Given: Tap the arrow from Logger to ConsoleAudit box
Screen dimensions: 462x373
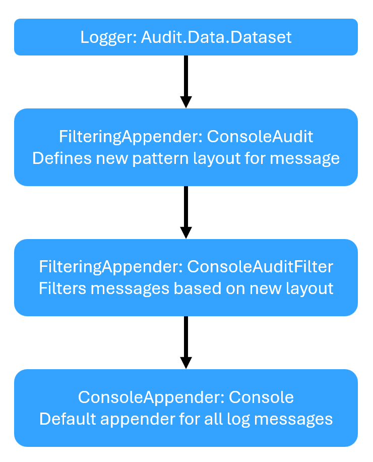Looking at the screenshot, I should tap(186, 81).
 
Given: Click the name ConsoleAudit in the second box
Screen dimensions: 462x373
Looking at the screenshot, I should tap(261, 137).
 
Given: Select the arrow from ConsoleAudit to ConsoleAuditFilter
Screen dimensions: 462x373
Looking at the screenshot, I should tap(186, 211).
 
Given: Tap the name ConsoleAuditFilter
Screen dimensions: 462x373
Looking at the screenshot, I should tap(260, 267).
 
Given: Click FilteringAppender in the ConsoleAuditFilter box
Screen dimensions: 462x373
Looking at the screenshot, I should tap(110, 267).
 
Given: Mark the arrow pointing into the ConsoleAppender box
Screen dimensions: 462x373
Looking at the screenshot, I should tap(186, 342).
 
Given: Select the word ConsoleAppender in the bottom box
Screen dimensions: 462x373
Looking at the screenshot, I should tap(145, 397).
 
